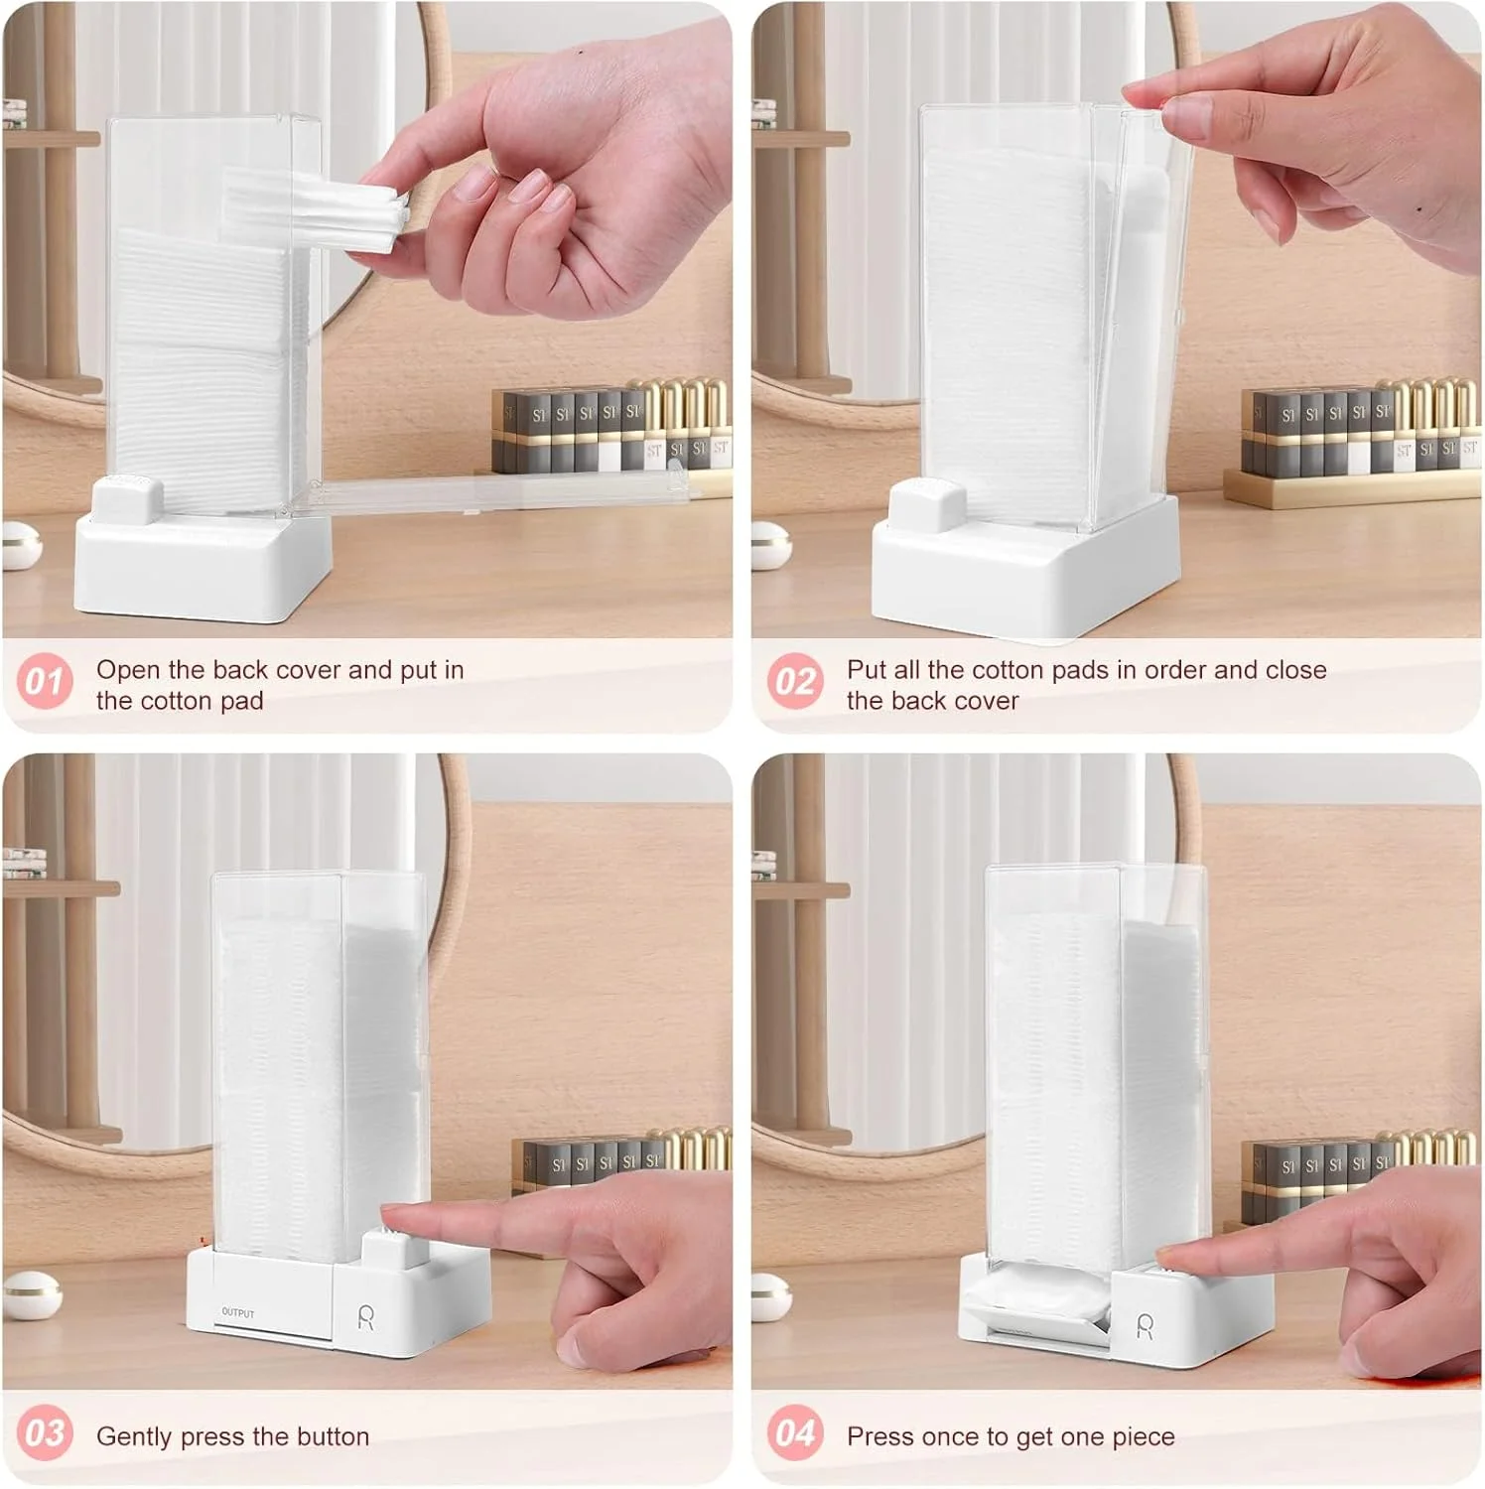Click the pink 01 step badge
[x=45, y=681]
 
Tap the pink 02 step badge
[x=795, y=681]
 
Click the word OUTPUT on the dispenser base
[x=238, y=1312]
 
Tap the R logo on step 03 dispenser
[x=366, y=1318]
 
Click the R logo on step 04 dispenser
[x=1145, y=1326]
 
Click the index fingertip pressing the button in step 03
[x=397, y=1217]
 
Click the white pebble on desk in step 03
[x=31, y=1295]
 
